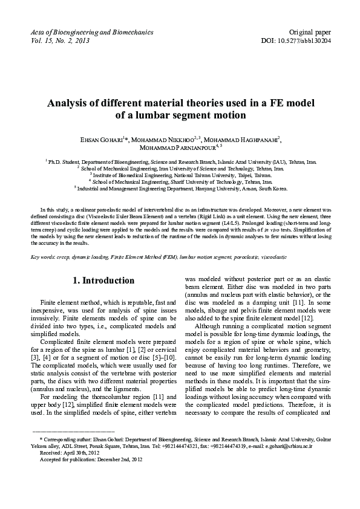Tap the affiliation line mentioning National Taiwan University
(180, 175)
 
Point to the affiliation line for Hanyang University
(180, 189)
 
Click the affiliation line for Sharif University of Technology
(180, 181)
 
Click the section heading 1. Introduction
(103, 280)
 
